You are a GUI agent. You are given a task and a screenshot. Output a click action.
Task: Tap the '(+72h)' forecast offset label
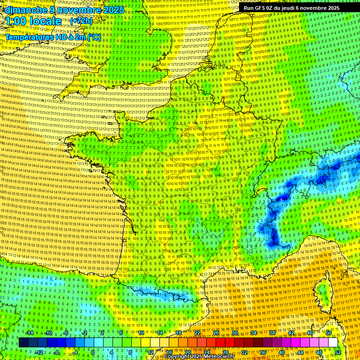[x=82, y=21]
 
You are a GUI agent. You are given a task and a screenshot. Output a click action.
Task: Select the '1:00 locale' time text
[x=33, y=21]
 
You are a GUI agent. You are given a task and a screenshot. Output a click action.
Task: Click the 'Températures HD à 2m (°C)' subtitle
[x=52, y=37]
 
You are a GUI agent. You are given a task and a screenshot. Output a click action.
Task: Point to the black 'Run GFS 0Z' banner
[x=291, y=8]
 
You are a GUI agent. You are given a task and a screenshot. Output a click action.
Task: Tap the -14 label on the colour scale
[x=30, y=333]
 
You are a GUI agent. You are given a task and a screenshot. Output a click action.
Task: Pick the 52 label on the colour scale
[x=338, y=352]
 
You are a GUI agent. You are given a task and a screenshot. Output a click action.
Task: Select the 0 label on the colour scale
[x=93, y=352]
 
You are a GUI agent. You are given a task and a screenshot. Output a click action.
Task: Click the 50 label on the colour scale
[x=329, y=333]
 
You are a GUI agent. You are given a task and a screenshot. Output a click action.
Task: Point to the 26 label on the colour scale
[x=216, y=333]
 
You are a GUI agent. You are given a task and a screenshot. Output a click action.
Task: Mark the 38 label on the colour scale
[x=272, y=333]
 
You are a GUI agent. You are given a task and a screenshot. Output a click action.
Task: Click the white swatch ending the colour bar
[x=333, y=343]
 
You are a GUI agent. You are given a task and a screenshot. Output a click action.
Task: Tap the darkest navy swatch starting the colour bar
[x=23, y=343]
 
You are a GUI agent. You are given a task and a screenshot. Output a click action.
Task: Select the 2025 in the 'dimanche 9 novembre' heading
[x=113, y=10]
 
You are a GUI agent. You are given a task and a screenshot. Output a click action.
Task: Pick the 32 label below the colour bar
[x=244, y=352]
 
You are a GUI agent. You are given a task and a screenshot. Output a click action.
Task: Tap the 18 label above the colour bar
[x=179, y=333]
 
